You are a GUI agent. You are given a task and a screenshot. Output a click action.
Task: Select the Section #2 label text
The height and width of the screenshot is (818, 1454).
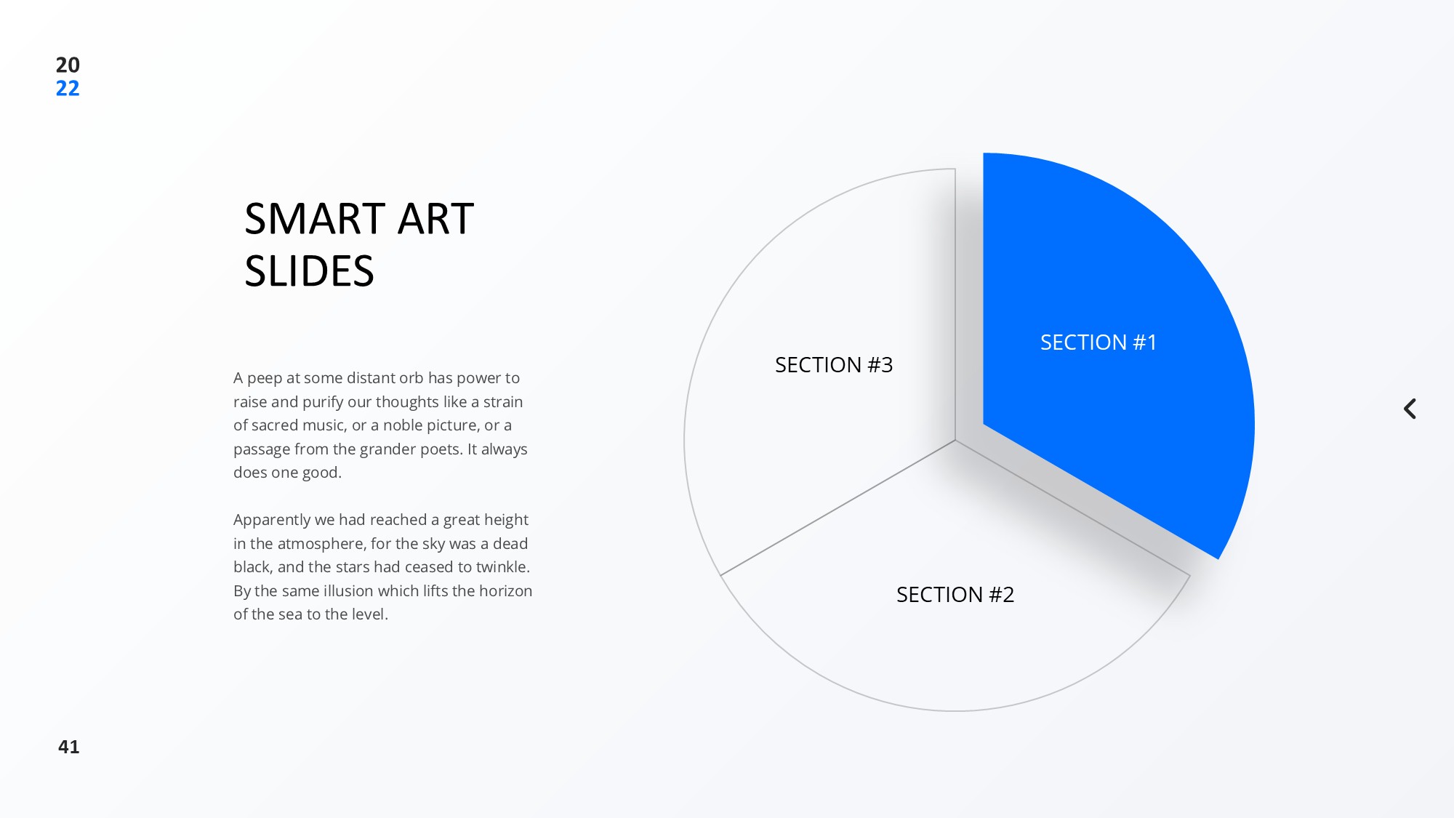pos(955,595)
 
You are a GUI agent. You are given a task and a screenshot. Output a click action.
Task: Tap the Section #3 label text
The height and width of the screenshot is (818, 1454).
pos(834,365)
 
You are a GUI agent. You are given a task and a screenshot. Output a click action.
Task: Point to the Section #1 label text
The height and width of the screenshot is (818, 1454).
pos(1098,342)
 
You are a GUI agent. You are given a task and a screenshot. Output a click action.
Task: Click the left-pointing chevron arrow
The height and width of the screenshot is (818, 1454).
pos(1410,409)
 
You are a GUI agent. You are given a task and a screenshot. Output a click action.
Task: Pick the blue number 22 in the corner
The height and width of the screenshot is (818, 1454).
pos(68,89)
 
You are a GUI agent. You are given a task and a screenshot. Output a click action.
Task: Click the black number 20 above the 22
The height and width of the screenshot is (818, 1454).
pos(68,65)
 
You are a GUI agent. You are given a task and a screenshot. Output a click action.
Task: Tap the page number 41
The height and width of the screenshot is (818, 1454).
pos(69,747)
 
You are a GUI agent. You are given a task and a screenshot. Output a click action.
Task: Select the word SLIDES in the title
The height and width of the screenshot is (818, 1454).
pos(309,271)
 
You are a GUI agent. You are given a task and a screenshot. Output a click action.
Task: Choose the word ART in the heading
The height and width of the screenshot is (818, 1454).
pos(436,219)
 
